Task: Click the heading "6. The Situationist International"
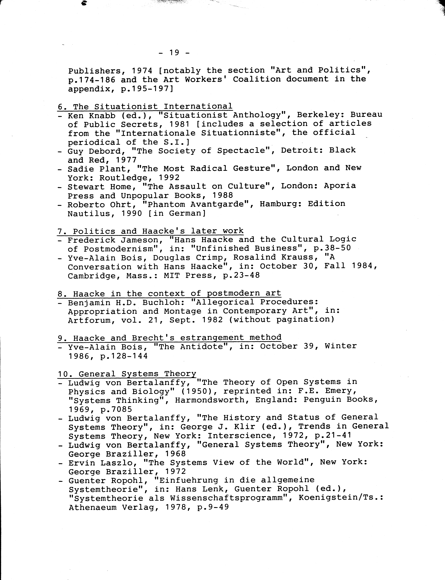pyautogui.click(x=145, y=106)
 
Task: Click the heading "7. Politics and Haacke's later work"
pyautogui.click(x=150, y=231)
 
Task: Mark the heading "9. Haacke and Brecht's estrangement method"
pyautogui.click(x=170, y=338)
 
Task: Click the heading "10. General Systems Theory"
pyautogui.click(x=127, y=374)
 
